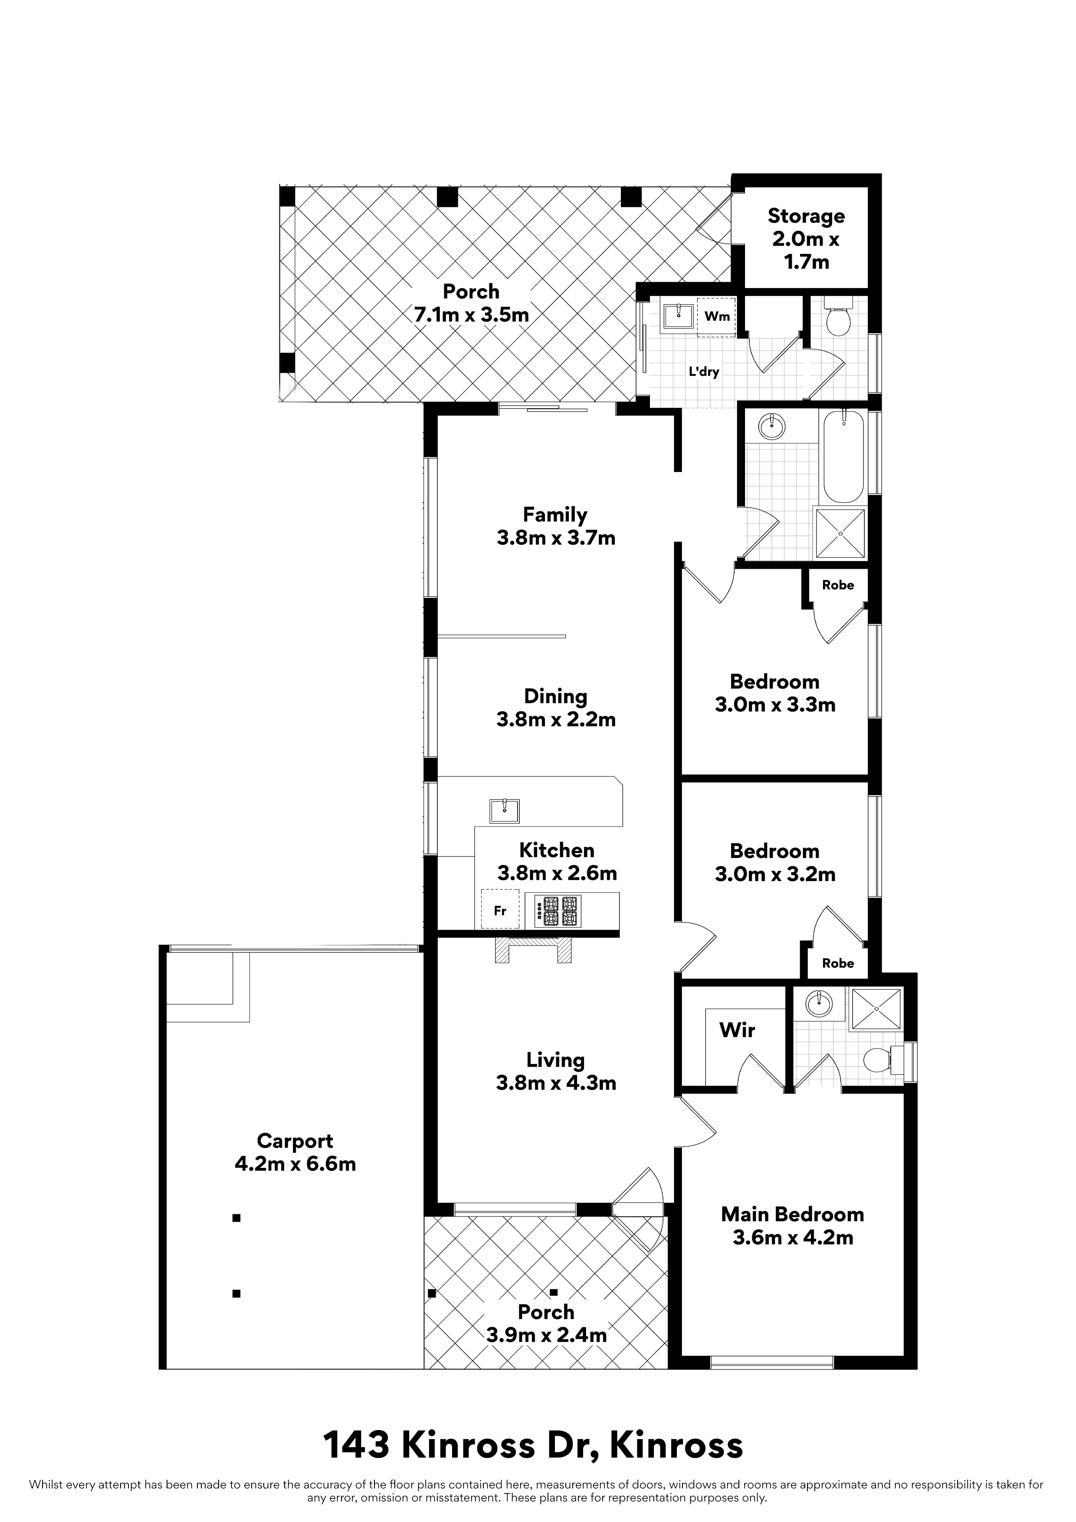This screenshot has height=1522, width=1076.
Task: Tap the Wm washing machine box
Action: click(x=717, y=316)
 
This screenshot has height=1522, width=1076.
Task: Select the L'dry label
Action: click(x=703, y=372)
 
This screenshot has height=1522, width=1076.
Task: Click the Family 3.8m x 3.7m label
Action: click(x=555, y=526)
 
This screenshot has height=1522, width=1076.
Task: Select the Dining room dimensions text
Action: click(x=555, y=719)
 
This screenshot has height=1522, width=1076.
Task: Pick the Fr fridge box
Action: click(x=500, y=910)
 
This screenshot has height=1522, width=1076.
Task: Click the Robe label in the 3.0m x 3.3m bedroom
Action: click(x=837, y=585)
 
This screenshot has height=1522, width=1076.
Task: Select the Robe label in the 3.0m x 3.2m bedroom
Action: click(x=837, y=963)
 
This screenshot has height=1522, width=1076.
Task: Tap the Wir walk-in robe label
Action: click(x=737, y=1030)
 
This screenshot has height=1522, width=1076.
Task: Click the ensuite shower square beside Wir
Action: click(x=876, y=1009)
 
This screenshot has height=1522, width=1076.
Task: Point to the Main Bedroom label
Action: click(x=792, y=1214)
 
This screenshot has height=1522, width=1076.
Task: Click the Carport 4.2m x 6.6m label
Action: click(x=295, y=1152)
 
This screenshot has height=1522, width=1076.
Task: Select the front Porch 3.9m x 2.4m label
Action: click(x=546, y=1323)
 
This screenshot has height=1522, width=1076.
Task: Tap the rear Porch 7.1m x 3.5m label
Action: click(x=471, y=303)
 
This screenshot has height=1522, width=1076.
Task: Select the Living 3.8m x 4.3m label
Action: click(x=555, y=1071)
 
